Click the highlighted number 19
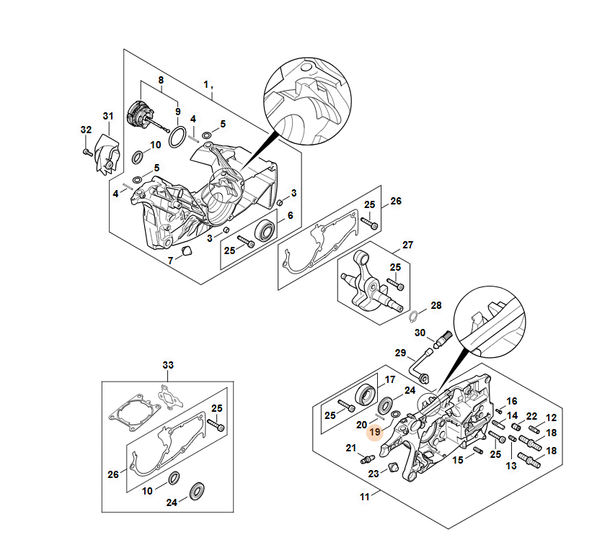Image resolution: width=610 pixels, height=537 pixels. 374,433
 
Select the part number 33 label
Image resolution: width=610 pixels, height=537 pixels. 168,366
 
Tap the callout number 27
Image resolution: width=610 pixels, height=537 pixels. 407,245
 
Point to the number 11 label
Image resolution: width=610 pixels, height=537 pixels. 365,497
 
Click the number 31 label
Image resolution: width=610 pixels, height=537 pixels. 108,117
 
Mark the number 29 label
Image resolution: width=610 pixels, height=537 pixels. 401,353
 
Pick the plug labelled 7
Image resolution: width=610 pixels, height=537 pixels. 185,250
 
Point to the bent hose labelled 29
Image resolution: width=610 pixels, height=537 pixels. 418,366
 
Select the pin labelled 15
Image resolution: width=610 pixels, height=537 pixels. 477,451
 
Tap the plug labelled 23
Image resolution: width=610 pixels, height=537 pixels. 394,469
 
